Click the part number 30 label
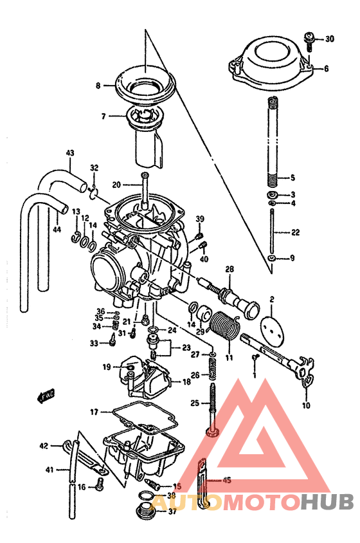[329, 39]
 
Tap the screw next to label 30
[309, 40]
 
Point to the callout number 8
[98, 85]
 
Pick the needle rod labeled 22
[273, 232]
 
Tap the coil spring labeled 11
[224, 325]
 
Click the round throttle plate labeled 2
[271, 324]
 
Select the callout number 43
[70, 153]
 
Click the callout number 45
[226, 480]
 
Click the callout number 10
[305, 405]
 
